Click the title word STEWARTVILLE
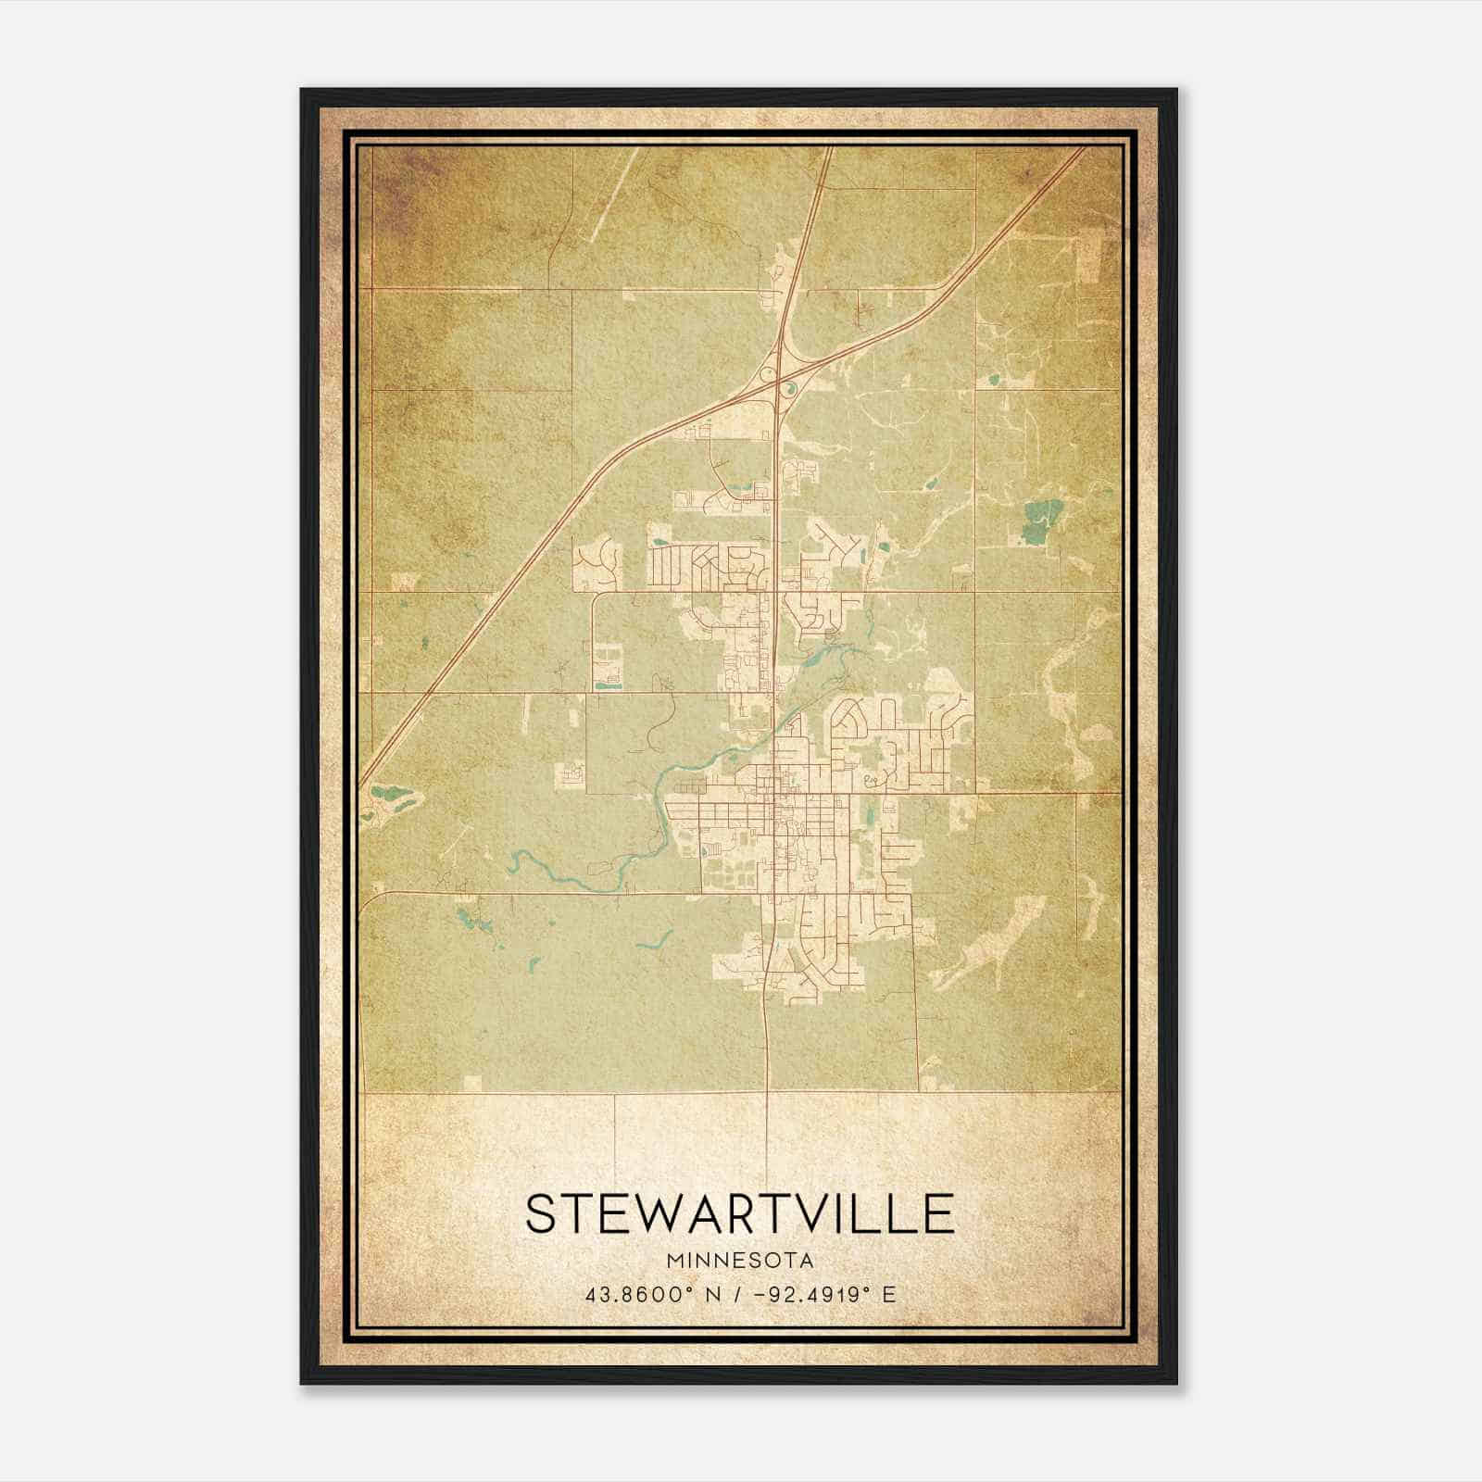point(739,1213)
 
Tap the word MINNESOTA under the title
point(740,1261)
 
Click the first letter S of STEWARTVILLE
point(542,1213)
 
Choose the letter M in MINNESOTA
point(673,1261)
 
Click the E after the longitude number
point(889,1294)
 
